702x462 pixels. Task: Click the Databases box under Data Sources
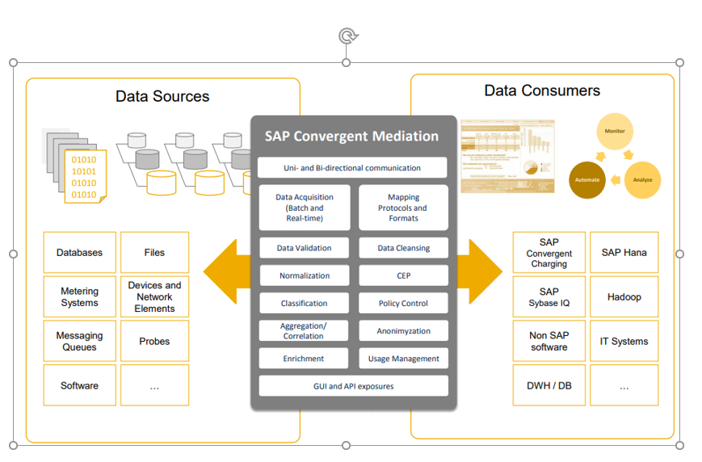click(x=79, y=253)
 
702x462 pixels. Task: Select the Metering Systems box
click(x=79, y=297)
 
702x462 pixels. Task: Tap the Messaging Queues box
click(x=79, y=341)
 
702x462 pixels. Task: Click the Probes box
click(x=154, y=341)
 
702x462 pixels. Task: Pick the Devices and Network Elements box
click(x=154, y=297)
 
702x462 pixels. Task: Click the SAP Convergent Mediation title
click(x=351, y=136)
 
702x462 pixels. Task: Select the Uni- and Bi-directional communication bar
click(x=351, y=168)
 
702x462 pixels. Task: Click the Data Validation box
click(x=304, y=248)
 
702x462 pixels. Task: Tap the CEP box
click(x=403, y=275)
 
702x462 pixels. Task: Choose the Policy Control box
click(x=403, y=304)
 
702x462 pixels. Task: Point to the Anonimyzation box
click(x=403, y=331)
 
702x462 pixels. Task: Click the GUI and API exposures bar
click(x=353, y=386)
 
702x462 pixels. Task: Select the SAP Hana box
click(x=624, y=253)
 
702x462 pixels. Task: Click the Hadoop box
click(x=624, y=297)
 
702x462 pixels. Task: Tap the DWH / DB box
click(x=549, y=385)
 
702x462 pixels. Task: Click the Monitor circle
click(x=615, y=131)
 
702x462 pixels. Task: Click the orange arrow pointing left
click(x=225, y=271)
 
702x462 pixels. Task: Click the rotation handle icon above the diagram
click(x=347, y=36)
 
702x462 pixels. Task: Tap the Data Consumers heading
click(x=542, y=90)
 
